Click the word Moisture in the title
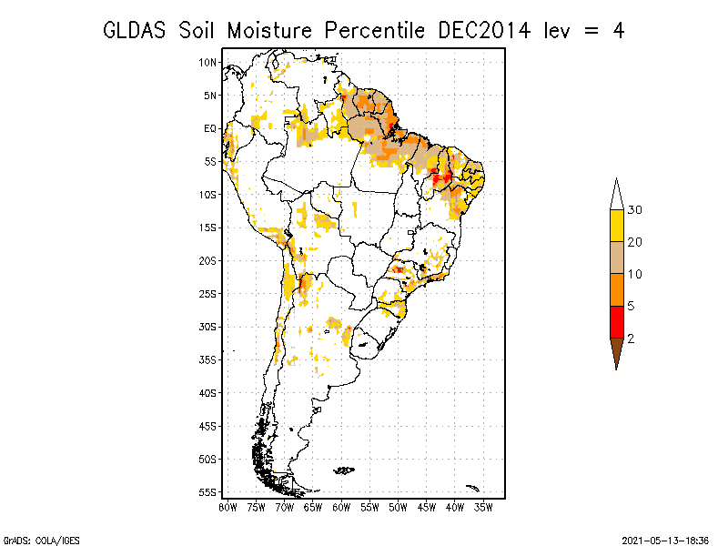(269, 31)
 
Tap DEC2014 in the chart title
(484, 31)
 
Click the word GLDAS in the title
(134, 31)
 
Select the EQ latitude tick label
(210, 128)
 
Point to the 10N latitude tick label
(207, 63)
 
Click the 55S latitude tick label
(207, 492)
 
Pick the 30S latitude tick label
(207, 328)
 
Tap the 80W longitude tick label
(227, 508)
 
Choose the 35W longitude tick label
(483, 508)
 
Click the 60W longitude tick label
(341, 508)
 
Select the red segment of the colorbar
(617, 322)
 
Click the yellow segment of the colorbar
(617, 226)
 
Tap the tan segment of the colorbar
(617, 258)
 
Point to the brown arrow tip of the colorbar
(617, 369)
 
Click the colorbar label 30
(634, 210)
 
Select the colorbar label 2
(631, 339)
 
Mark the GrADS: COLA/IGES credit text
(41, 541)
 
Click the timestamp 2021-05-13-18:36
(665, 541)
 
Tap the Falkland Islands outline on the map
(344, 470)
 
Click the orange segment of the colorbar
(617, 289)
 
